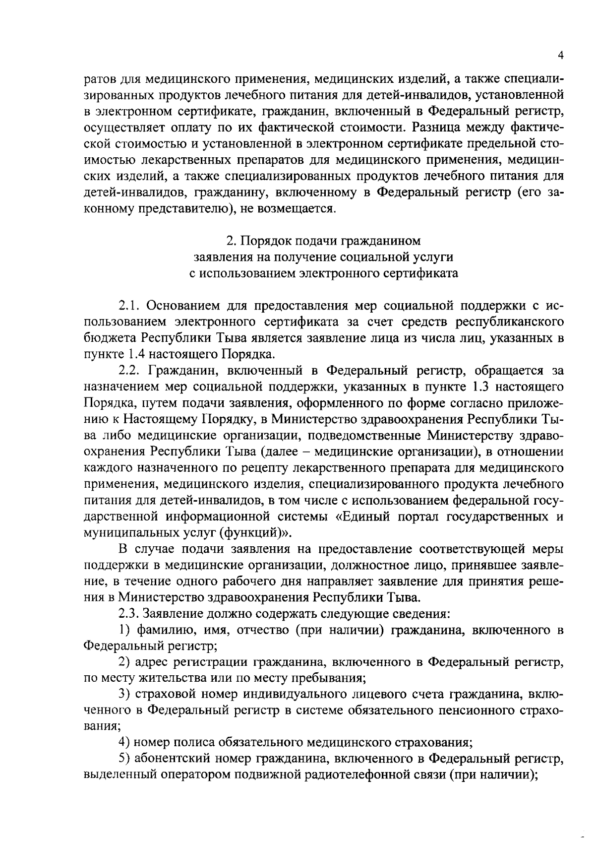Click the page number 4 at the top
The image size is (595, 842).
[x=560, y=56]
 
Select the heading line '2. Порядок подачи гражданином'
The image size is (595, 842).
[x=324, y=241]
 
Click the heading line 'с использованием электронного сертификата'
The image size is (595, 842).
[x=324, y=273]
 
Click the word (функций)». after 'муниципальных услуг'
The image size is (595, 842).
[x=257, y=532]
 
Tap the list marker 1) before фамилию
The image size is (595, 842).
[x=125, y=630]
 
